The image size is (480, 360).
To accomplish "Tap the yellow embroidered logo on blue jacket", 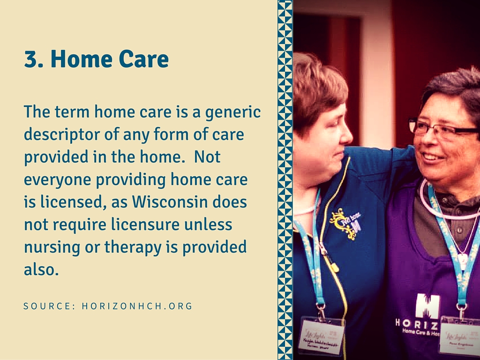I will tap(345, 221).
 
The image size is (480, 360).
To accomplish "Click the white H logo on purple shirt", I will tap(427, 306).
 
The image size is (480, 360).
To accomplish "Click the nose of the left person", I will tap(346, 135).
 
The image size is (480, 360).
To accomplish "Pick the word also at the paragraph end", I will tap(41, 270).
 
